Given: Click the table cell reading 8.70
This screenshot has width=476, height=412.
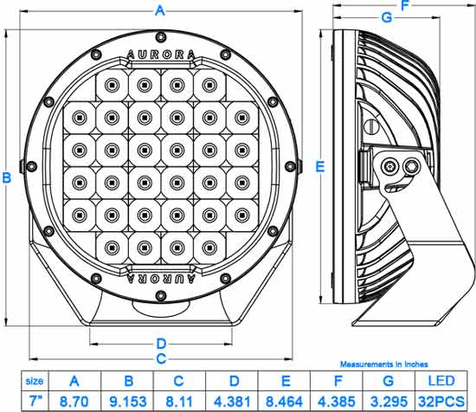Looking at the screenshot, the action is pos(74,402).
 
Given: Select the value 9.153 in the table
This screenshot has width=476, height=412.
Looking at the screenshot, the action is pos(128,402).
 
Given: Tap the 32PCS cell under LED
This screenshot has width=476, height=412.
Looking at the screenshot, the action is pos(441,402).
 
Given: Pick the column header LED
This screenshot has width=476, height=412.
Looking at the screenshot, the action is pos(441,381).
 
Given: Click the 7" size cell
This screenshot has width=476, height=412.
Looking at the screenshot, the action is pos(35,401).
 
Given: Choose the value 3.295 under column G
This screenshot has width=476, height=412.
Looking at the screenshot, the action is pos(389,402).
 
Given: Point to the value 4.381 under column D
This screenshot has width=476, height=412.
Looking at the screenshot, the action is pos(232,402).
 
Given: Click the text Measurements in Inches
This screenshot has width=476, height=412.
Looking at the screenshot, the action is pos(384,364).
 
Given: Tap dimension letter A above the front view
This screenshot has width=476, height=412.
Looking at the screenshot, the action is pos(160,10).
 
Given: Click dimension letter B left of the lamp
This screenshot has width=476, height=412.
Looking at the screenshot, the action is pos(7,177).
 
